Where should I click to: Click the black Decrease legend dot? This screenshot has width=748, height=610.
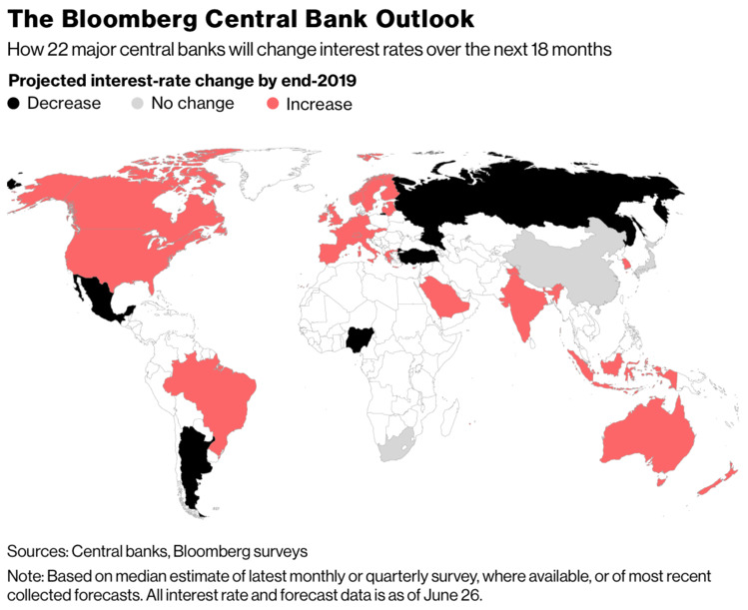coord(14,103)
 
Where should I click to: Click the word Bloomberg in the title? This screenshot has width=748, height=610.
coord(125,19)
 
